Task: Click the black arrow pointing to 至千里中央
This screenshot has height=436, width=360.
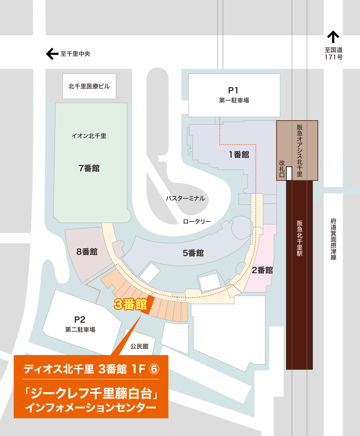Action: (52, 54)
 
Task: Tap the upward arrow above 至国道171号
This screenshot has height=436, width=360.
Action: (333, 37)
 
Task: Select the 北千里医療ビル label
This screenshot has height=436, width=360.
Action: (89, 86)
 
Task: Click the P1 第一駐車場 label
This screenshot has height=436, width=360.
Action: (234, 95)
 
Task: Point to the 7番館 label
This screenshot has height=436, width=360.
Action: (89, 168)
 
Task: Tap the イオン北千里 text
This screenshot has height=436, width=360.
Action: (89, 136)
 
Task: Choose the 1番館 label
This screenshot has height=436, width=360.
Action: (239, 155)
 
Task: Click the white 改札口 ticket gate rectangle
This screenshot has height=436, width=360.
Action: (289, 173)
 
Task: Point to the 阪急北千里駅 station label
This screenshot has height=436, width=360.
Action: (299, 238)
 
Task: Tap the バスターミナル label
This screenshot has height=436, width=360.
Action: (185, 198)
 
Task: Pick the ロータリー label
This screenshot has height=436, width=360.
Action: (197, 221)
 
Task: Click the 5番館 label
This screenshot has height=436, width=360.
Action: (193, 253)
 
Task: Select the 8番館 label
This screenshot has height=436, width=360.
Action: (87, 252)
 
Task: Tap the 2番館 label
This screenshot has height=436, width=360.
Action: (262, 270)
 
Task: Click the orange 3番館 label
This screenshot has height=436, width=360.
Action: (130, 304)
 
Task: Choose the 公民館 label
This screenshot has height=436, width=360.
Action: (139, 346)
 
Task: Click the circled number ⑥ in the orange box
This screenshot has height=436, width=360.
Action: (154, 369)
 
